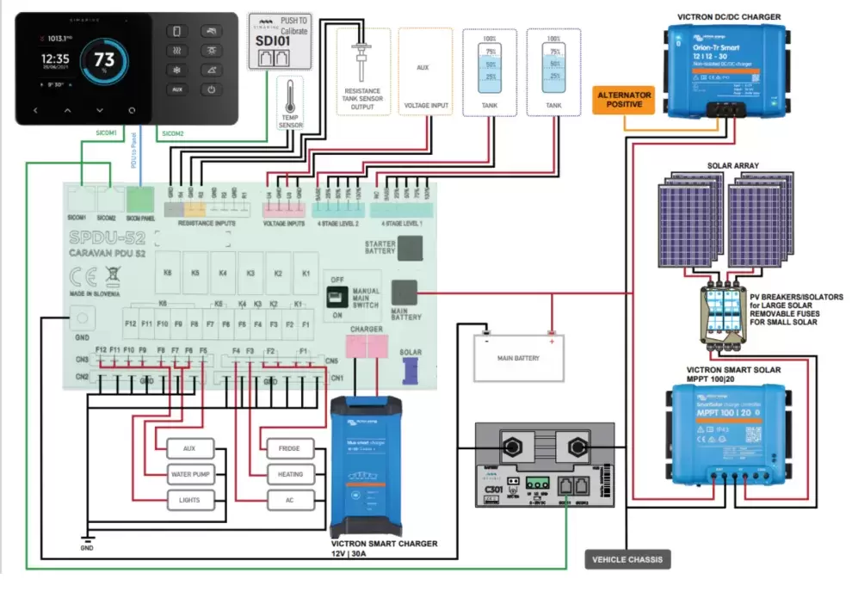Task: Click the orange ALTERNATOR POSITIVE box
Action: point(624,100)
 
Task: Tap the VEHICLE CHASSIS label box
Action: point(627,559)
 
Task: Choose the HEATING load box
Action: point(290,474)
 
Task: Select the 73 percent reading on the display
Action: point(105,60)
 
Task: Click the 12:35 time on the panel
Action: point(53,59)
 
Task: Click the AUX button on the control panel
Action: point(177,89)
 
